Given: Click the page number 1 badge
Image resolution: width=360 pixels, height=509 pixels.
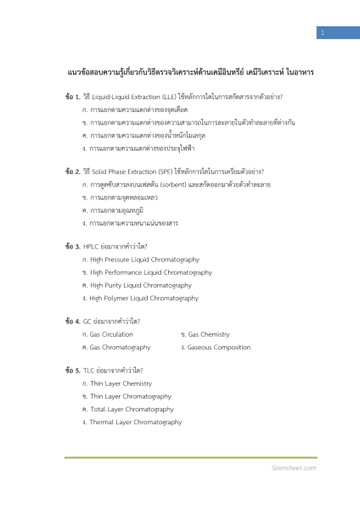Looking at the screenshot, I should [322, 32].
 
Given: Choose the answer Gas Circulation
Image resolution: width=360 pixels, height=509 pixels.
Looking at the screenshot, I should [111, 334].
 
